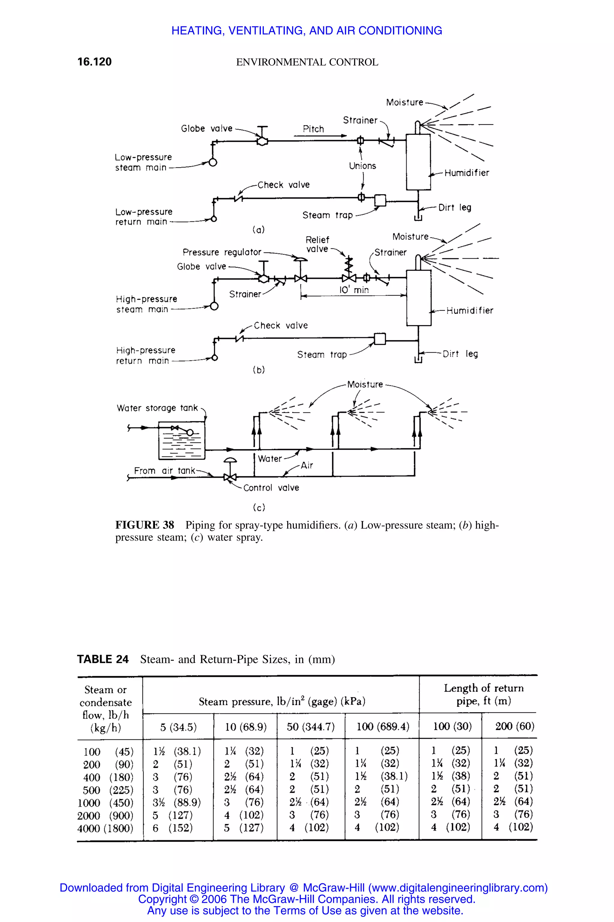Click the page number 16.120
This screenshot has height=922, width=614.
click(x=94, y=62)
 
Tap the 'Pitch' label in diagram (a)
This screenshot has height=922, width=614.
click(x=313, y=129)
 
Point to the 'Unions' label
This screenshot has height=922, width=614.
click(x=362, y=166)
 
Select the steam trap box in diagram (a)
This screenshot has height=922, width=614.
click(x=380, y=200)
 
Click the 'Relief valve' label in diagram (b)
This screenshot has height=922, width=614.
click(x=317, y=244)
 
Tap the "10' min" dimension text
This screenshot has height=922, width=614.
click(x=354, y=290)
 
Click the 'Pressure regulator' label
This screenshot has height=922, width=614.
click(x=222, y=252)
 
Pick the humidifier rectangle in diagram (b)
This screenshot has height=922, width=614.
click(x=419, y=298)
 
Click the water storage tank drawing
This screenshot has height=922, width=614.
click(x=182, y=440)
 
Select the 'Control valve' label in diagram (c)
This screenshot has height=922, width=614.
click(x=271, y=488)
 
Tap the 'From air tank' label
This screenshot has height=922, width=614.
click(x=165, y=470)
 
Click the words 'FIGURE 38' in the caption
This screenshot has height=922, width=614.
click(x=145, y=525)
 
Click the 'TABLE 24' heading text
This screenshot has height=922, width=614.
click(x=103, y=659)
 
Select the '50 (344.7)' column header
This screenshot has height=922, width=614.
click(x=311, y=727)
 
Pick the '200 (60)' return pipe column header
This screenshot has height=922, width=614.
click(x=514, y=726)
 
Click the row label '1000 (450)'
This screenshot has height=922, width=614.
click(x=105, y=803)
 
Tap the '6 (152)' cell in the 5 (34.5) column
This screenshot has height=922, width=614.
click(x=173, y=828)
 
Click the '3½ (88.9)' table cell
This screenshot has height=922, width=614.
click(x=177, y=803)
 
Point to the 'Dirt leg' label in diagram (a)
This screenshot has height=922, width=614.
click(x=454, y=207)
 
